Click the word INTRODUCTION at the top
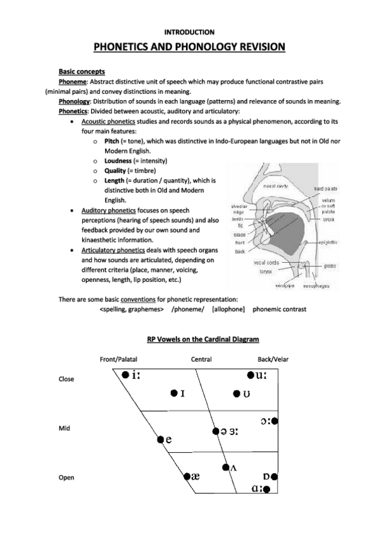coord(189,31)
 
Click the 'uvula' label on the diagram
coord(328,218)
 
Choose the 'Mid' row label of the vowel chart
coord(64,429)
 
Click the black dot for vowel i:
coord(125,375)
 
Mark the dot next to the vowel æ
coord(187,476)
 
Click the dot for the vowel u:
coord(251,376)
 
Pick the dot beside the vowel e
coord(161,439)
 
